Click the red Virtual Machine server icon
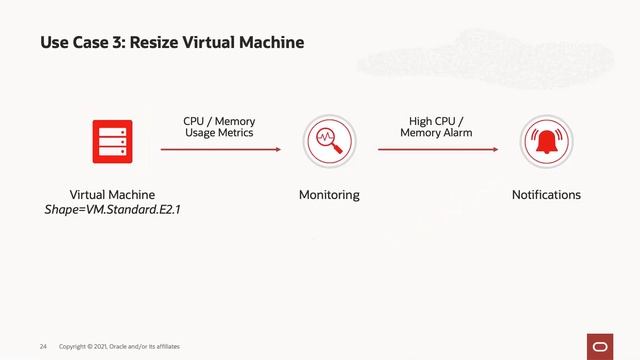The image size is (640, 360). (112, 141)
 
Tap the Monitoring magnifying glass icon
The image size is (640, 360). (329, 142)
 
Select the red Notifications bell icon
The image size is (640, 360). (546, 142)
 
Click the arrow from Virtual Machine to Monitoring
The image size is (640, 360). (221, 150)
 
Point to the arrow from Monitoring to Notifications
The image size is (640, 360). (437, 150)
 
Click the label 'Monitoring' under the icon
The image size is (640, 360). (329, 195)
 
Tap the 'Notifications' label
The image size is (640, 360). (546, 195)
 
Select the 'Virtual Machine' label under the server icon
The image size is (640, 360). (112, 195)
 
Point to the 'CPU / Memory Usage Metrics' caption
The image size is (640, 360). (219, 127)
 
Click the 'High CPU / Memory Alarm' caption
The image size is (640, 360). (436, 127)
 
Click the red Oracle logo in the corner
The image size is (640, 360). (600, 345)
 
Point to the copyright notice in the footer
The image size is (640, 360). (119, 346)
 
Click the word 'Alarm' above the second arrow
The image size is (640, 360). (452, 133)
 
